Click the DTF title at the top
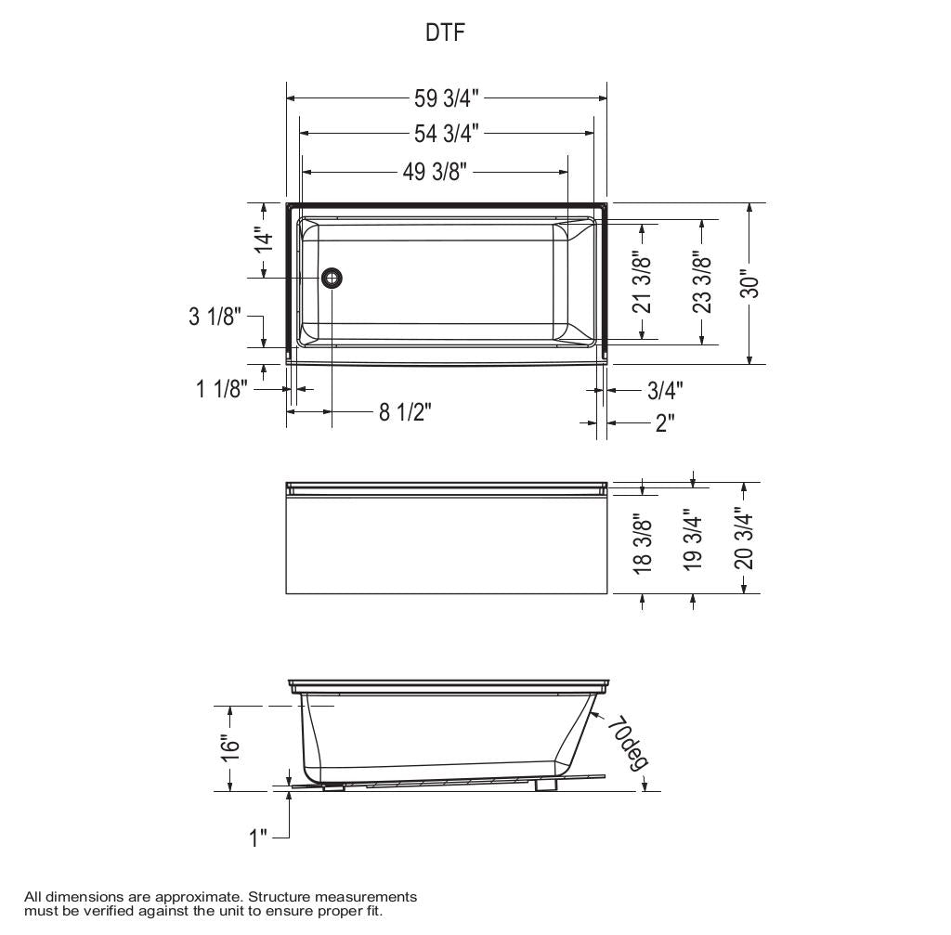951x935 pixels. pos(445,33)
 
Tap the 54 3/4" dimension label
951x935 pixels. pos(446,134)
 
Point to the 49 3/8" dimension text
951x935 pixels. pos(434,172)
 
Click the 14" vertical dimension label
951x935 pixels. pos(265,240)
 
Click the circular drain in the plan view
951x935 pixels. pos(332,278)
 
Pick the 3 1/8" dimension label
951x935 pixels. pos(215,317)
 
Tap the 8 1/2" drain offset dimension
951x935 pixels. pos(405,411)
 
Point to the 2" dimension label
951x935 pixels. pos(665,423)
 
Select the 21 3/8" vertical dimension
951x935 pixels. pos(641,281)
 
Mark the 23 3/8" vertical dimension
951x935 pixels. pos(702,281)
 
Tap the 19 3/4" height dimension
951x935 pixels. pos(693,539)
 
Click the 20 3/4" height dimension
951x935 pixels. pos(743,537)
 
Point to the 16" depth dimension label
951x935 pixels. pos(230,747)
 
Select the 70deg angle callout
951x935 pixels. pos(627,742)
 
